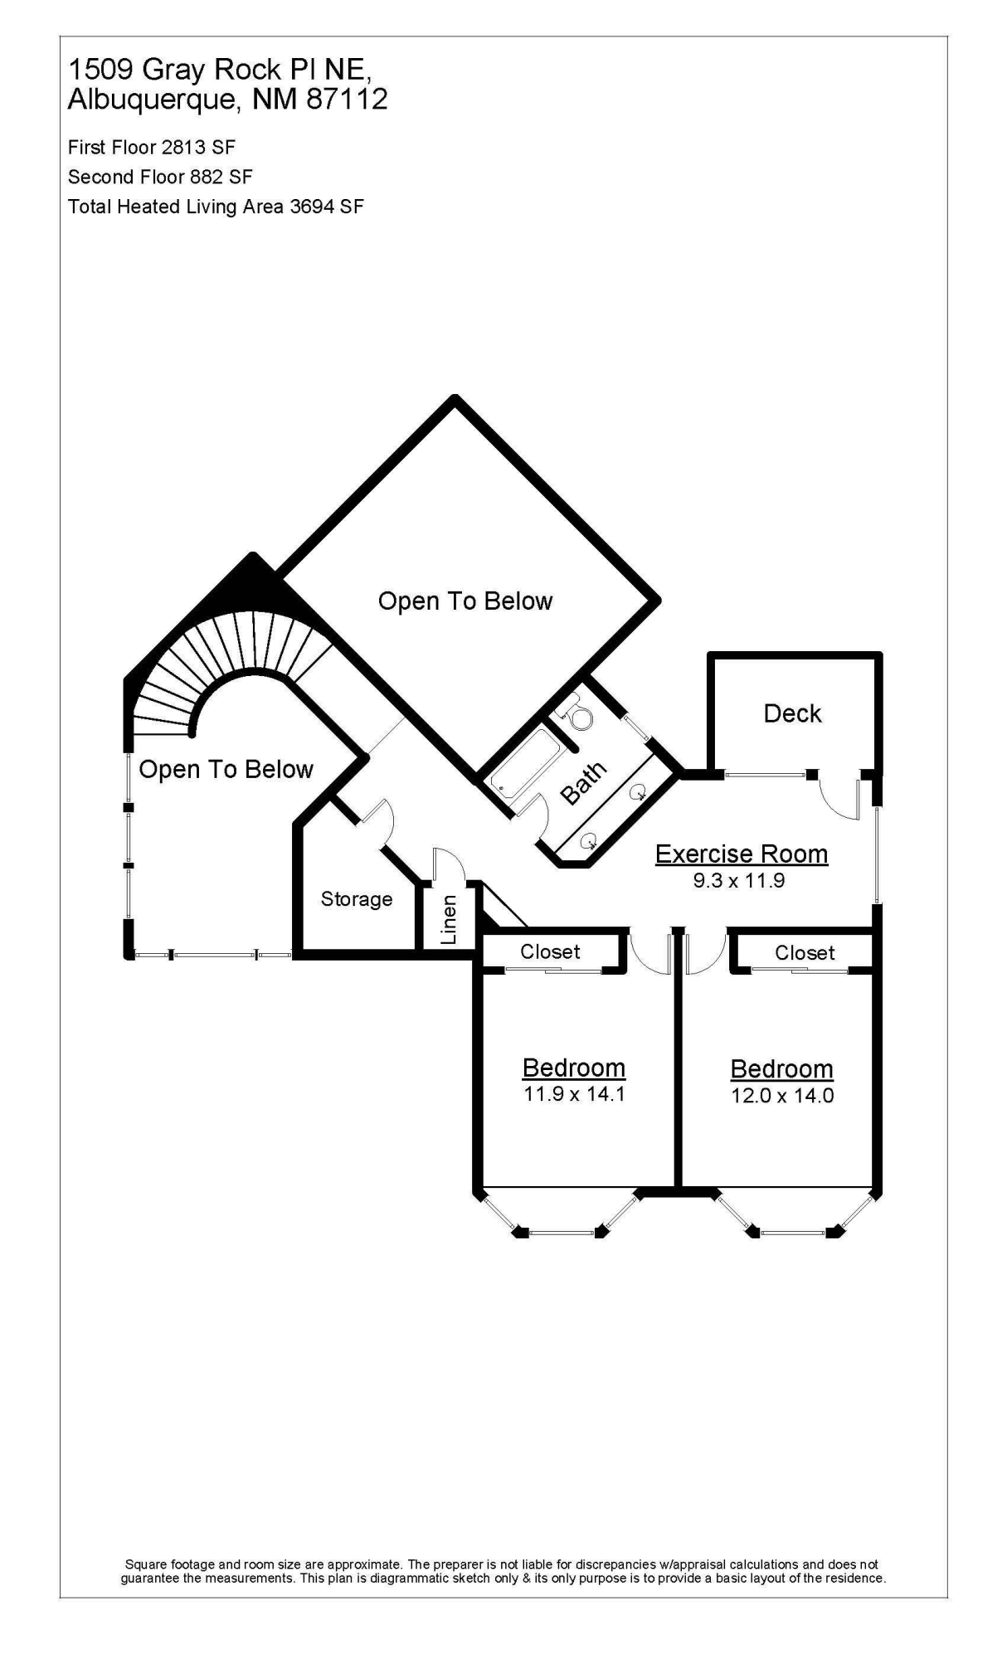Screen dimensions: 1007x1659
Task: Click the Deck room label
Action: click(x=792, y=713)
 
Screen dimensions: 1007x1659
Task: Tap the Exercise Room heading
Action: click(x=742, y=854)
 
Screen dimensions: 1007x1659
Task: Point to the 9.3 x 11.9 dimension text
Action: click(x=739, y=880)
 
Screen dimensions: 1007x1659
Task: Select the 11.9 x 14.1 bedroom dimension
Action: click(x=574, y=1093)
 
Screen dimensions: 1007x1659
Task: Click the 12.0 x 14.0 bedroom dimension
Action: click(x=782, y=1095)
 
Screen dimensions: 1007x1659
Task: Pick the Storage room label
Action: click(x=357, y=899)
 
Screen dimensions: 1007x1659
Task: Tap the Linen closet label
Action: click(x=449, y=919)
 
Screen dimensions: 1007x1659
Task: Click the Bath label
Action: click(x=584, y=783)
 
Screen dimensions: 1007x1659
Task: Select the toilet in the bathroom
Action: click(x=573, y=712)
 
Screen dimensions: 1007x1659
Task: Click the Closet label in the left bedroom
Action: click(x=550, y=951)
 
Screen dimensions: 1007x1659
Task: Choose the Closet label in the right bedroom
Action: click(x=805, y=952)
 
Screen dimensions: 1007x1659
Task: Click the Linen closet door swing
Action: click(x=444, y=863)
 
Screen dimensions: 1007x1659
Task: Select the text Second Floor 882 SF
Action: click(x=160, y=177)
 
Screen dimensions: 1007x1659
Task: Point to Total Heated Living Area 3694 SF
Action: click(x=216, y=207)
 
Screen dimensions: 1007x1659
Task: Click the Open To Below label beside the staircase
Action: click(x=226, y=770)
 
